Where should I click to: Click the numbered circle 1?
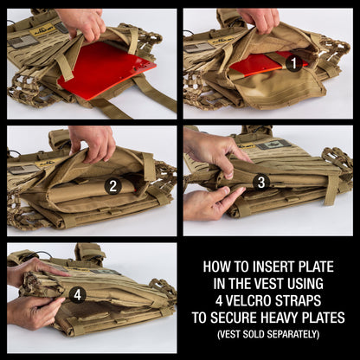[x=293, y=62]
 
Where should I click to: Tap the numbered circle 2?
[x=112, y=185]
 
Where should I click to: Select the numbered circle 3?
[x=260, y=182]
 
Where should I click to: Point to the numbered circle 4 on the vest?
[x=78, y=294]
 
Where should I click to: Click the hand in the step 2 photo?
[x=93, y=141]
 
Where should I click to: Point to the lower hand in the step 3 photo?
[x=209, y=202]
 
